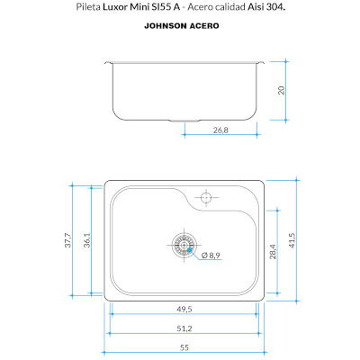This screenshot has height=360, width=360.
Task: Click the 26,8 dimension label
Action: (220, 130)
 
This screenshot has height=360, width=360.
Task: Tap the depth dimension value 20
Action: (281, 90)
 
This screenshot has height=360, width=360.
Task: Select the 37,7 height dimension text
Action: (68, 240)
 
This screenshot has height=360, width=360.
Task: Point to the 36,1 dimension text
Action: (87, 240)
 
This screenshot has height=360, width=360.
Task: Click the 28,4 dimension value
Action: (273, 251)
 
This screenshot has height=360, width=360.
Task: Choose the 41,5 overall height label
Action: (292, 240)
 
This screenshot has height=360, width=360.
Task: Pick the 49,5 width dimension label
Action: (184, 309)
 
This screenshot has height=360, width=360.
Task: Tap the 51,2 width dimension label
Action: (184, 328)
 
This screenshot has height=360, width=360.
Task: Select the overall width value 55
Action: (184, 347)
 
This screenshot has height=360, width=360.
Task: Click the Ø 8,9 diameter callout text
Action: (211, 256)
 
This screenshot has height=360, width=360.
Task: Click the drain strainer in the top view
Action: (184, 245)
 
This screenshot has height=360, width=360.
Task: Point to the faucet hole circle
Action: (206, 197)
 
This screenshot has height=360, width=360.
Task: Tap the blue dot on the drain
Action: (189, 250)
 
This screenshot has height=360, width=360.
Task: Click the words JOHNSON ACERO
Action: (182, 26)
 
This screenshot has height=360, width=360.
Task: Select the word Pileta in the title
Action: (88, 7)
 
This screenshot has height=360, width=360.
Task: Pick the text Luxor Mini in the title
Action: (126, 7)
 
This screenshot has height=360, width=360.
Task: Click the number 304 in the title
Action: (274, 7)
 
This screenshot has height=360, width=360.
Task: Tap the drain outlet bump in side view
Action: (184, 121)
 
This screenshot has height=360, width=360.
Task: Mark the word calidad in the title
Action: (231, 7)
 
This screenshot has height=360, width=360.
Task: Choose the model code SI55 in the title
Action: (161, 7)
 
